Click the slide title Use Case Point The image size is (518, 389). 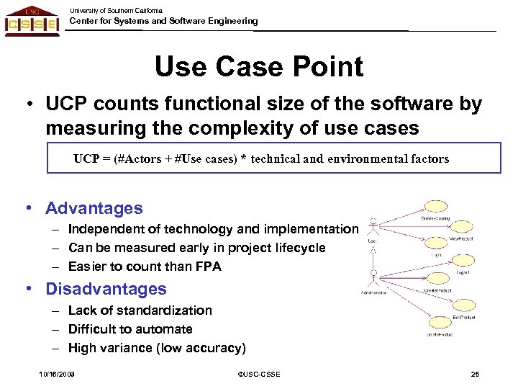click(x=258, y=67)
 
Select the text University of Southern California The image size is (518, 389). click(x=116, y=11)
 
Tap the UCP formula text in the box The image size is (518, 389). click(x=260, y=158)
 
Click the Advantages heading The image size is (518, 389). click(x=94, y=209)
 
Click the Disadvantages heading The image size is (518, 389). click(x=105, y=289)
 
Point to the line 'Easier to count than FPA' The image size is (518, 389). click(x=145, y=267)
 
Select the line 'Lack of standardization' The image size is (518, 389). click(x=140, y=310)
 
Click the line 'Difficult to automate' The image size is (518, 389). click(x=130, y=329)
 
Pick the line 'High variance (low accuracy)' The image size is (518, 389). click(x=157, y=348)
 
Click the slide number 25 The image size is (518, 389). click(x=474, y=374)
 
